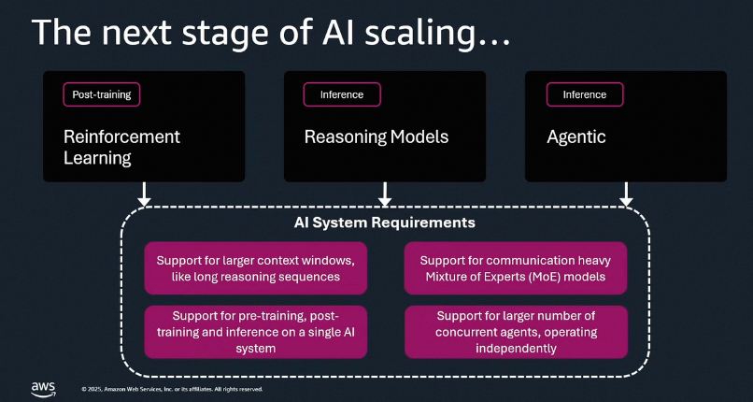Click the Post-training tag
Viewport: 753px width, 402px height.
102,94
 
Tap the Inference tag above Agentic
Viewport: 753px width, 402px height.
584,94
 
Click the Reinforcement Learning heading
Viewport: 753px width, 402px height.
121,147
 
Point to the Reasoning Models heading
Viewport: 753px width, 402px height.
376,137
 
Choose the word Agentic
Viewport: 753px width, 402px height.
575,137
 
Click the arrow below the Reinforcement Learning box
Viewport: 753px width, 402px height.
143,194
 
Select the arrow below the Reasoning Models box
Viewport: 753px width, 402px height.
384,194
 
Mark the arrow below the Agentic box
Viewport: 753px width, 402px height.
626,194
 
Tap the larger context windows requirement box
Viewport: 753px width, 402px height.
255,267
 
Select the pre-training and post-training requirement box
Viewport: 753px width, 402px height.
255,331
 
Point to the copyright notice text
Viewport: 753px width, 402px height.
172,389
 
